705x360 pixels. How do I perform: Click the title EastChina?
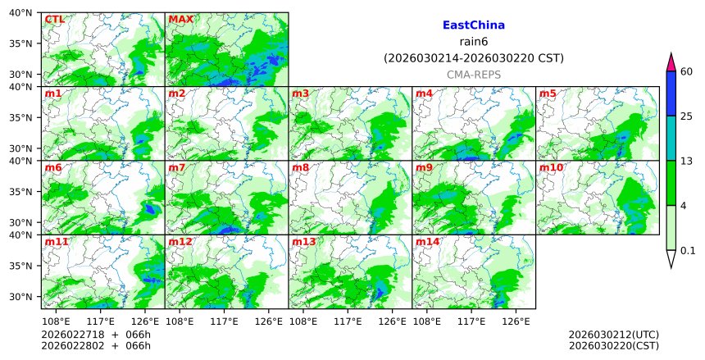click(x=473, y=25)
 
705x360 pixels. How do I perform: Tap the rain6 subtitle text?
click(x=473, y=42)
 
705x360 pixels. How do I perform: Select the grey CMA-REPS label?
click(x=473, y=75)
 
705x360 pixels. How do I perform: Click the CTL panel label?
click(x=55, y=19)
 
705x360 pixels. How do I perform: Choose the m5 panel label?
click(x=548, y=93)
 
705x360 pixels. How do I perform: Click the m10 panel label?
click(x=551, y=167)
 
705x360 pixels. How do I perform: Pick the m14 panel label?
click(x=427, y=242)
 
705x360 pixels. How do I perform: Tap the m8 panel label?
click(x=300, y=167)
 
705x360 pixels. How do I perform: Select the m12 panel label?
click(x=180, y=242)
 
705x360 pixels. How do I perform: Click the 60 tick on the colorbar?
click(x=687, y=72)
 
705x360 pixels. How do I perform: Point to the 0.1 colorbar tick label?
click(x=688, y=251)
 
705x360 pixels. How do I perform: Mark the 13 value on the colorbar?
click(x=687, y=161)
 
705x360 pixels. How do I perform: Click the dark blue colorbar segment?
click(x=671, y=93)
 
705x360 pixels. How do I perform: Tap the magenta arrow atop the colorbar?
click(x=671, y=62)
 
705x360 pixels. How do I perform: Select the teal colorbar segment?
click(x=671, y=137)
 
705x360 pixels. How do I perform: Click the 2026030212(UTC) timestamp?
click(x=613, y=335)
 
